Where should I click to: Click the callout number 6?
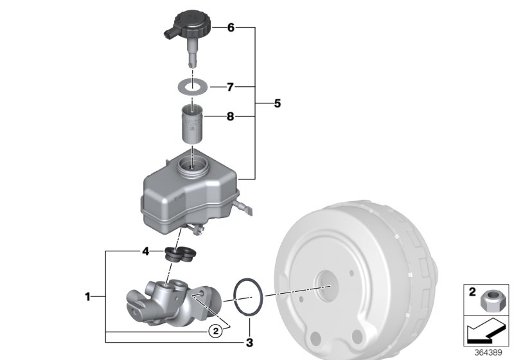point(231,28)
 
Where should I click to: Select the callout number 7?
point(231,86)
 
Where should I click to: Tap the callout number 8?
point(231,117)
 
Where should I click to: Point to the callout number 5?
point(277,103)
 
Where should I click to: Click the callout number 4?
point(146,251)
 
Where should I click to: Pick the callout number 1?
point(88,296)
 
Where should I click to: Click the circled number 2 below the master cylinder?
point(217,331)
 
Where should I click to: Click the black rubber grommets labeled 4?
point(179,254)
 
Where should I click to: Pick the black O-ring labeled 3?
point(247,298)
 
